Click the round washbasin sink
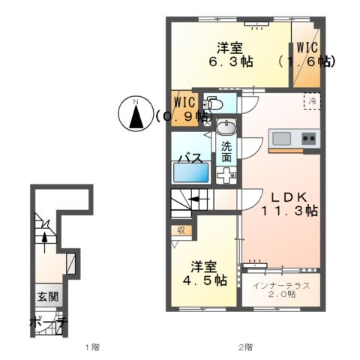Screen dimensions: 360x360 (x=226, y=127)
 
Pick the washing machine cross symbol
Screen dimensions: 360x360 (x=226, y=174)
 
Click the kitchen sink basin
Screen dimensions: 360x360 (x=282, y=139)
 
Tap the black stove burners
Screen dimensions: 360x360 (x=308, y=139)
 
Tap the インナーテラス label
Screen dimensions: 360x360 (x=280, y=286)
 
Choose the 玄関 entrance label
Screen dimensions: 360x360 (x=46, y=297)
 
